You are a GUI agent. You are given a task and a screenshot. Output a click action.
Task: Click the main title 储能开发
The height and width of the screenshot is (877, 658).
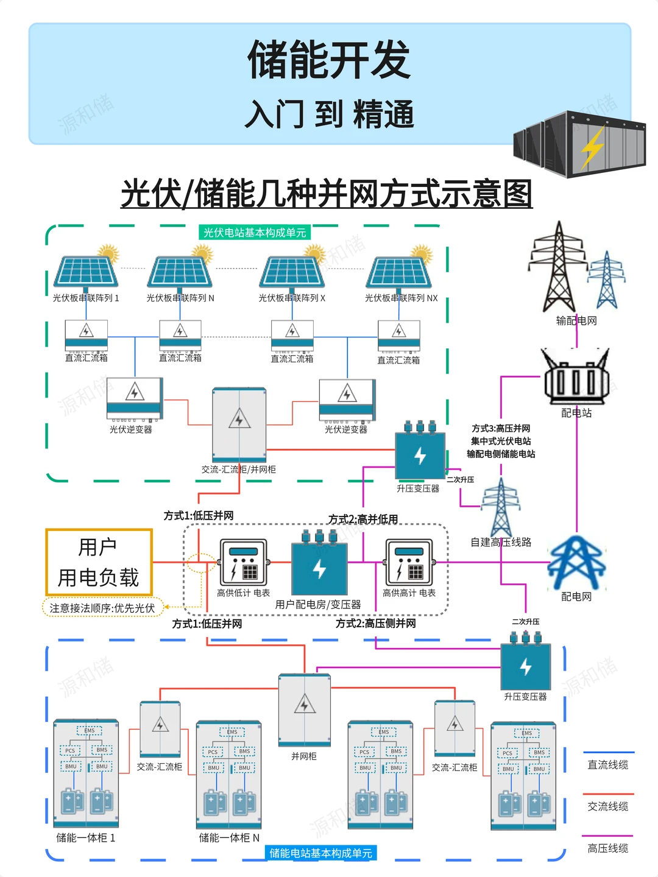click(329, 60)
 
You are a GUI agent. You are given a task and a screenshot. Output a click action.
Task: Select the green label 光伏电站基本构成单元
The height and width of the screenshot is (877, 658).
click(255, 233)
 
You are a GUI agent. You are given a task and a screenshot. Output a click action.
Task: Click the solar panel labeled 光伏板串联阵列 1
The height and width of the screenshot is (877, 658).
click(86, 271)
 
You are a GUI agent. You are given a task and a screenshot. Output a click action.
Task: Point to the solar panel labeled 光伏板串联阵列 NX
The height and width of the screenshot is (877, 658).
click(399, 272)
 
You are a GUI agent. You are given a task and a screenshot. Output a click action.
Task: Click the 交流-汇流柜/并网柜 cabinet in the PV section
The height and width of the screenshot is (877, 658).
click(239, 424)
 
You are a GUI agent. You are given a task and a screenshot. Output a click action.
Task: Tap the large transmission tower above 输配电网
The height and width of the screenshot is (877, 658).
click(559, 268)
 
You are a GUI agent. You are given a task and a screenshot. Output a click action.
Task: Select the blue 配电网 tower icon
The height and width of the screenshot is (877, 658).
click(576, 563)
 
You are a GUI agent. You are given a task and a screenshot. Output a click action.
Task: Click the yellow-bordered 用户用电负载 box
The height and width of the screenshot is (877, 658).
click(99, 562)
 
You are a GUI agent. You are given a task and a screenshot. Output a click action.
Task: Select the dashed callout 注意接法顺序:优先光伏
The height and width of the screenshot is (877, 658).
click(102, 608)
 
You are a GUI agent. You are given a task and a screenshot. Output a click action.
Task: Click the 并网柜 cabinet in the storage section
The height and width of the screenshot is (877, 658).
click(304, 710)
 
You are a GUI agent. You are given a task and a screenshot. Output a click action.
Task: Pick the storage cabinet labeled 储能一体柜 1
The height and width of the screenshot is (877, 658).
click(86, 773)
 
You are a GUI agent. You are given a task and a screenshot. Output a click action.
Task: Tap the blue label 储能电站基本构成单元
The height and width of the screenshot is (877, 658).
click(320, 853)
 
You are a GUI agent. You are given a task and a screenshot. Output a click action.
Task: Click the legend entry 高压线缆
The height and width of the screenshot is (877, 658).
click(607, 847)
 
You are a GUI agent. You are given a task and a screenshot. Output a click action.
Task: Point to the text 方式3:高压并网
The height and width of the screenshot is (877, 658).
click(501, 429)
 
